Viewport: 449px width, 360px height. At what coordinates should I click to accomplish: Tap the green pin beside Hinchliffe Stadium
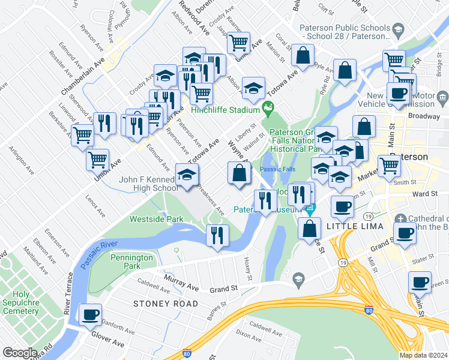(x=268, y=109)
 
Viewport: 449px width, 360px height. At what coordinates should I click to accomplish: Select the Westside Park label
(x=157, y=219)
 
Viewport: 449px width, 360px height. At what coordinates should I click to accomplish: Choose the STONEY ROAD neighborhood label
(x=166, y=304)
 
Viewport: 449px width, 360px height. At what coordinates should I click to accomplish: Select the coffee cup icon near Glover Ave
(x=91, y=314)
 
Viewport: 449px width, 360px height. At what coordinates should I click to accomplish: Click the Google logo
(x=20, y=353)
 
